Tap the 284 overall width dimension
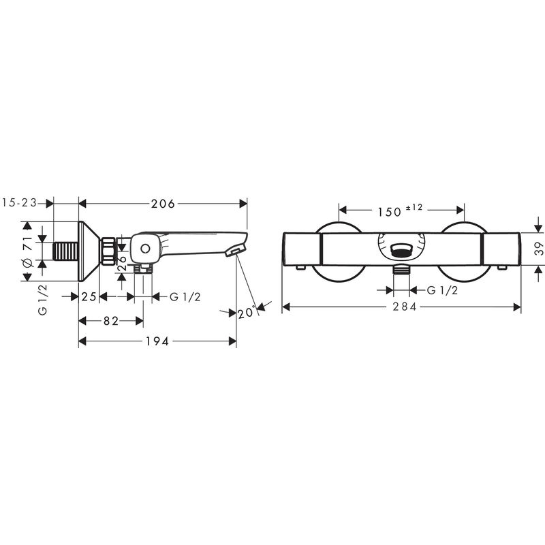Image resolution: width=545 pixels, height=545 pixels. coord(402,307)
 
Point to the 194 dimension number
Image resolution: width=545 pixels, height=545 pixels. coord(157,341)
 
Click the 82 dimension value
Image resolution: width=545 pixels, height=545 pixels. coord(111,320)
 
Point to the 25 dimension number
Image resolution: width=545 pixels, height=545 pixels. coord(89,296)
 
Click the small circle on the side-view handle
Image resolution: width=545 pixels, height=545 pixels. coord(145,249)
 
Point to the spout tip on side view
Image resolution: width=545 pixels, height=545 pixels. coord(234,252)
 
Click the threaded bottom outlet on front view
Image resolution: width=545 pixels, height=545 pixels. coord(403,269)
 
